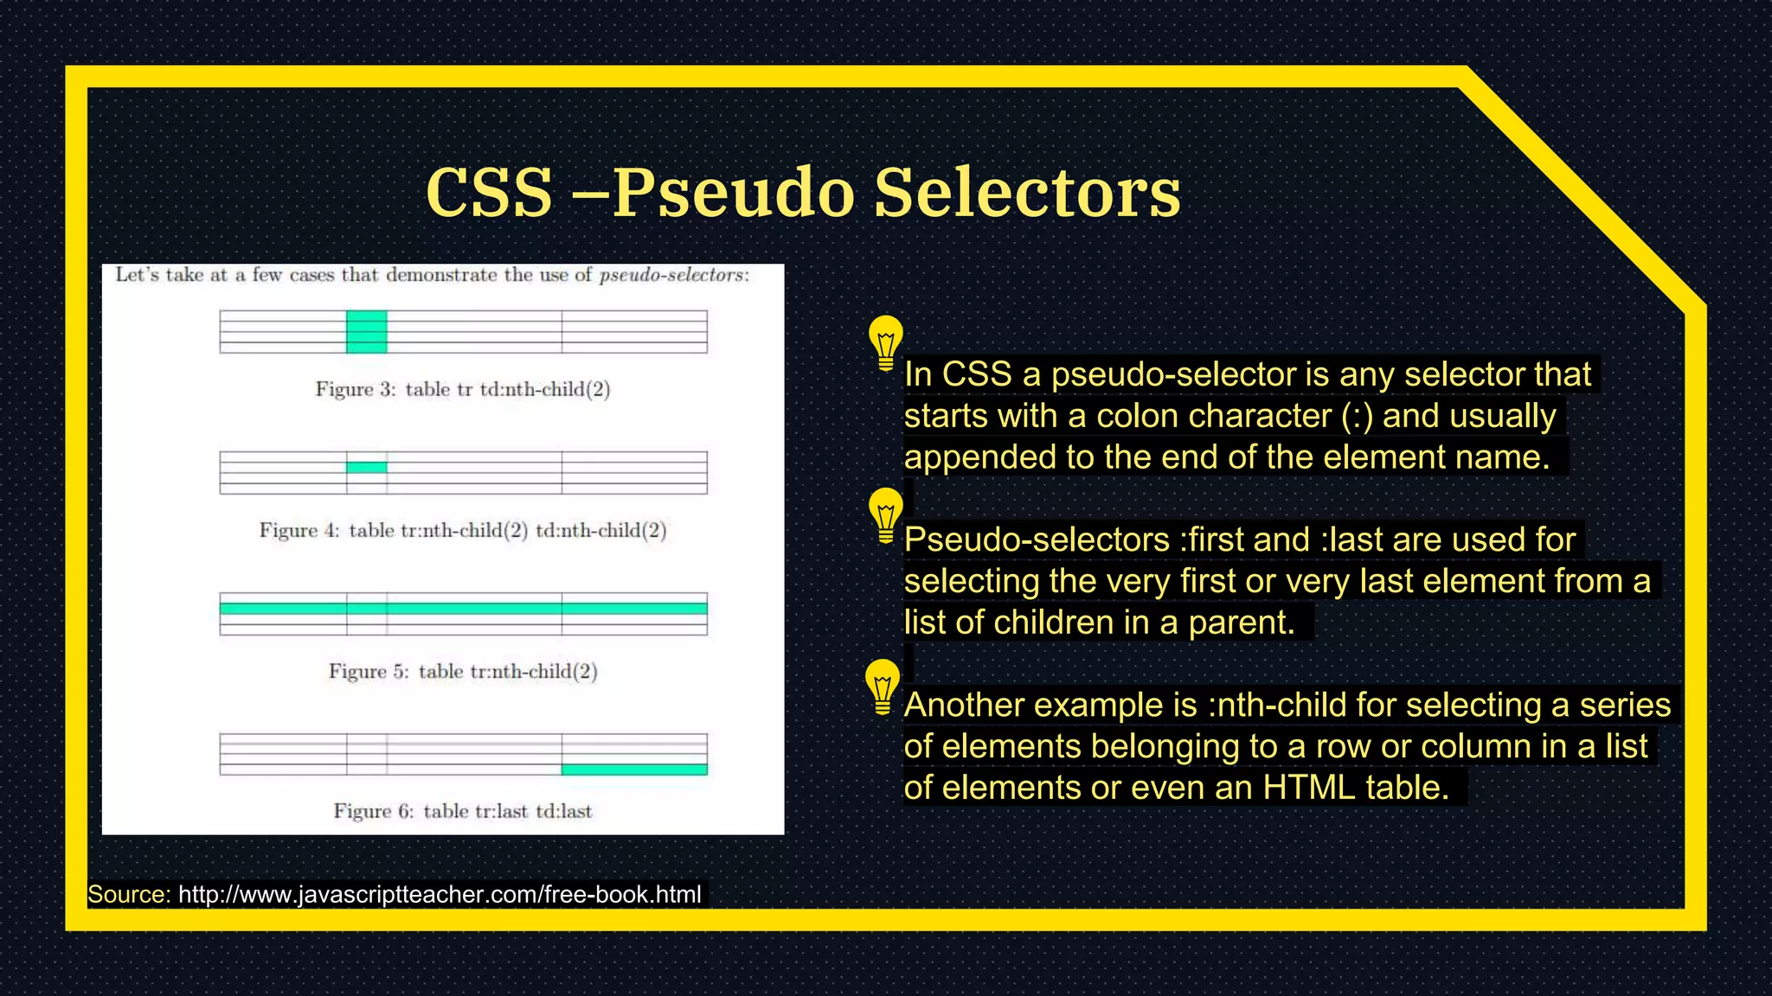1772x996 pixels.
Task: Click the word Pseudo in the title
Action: pyautogui.click(x=734, y=192)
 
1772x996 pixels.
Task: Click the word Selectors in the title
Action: pyautogui.click(x=1027, y=192)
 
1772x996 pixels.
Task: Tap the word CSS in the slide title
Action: pyautogui.click(x=489, y=192)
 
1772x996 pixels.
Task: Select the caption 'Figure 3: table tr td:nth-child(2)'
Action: pyautogui.click(x=463, y=389)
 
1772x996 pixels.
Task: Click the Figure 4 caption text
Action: pyautogui.click(x=463, y=530)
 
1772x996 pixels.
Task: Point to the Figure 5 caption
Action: pyautogui.click(x=463, y=671)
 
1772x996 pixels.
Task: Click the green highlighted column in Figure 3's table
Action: pyautogui.click(x=367, y=332)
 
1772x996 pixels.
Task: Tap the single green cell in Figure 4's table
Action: pyautogui.click(x=367, y=468)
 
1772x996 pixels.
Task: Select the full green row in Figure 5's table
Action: pyautogui.click(x=463, y=609)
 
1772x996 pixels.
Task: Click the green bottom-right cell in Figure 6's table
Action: pyautogui.click(x=634, y=769)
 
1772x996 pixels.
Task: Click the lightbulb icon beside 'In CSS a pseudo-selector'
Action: pyautogui.click(x=885, y=342)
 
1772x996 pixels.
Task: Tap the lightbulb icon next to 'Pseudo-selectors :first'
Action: pyautogui.click(x=885, y=514)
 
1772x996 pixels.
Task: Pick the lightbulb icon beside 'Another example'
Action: pyautogui.click(x=883, y=686)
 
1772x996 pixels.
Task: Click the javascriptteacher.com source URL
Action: pyautogui.click(x=440, y=894)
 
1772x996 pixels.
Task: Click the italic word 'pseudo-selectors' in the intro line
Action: pyautogui.click(x=672, y=275)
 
